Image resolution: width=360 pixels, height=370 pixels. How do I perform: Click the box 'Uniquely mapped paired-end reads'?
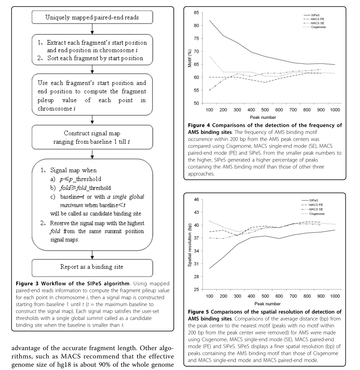click(92, 18)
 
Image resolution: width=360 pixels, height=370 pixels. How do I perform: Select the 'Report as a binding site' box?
click(92, 266)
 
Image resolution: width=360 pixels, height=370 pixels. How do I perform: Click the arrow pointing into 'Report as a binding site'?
click(92, 254)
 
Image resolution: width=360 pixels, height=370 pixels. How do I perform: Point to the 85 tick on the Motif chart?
click(195, 13)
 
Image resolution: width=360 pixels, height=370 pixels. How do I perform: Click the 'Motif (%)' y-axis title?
click(189, 58)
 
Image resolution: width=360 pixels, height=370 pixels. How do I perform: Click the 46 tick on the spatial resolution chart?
click(195, 199)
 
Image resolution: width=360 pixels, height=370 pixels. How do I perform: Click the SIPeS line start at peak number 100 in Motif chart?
click(209, 20)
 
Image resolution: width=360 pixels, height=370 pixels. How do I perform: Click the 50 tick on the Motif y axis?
click(195, 103)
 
